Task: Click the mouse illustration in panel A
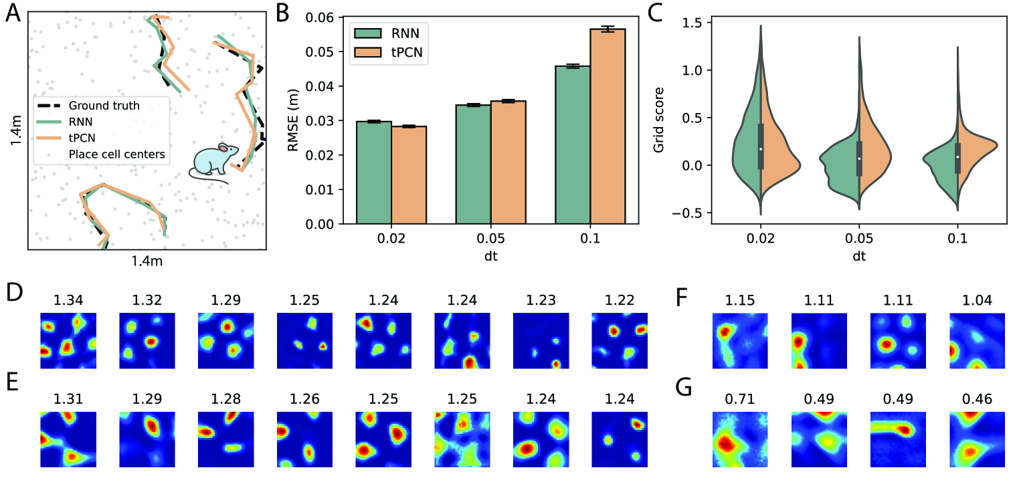tap(213, 162)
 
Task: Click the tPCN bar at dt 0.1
tap(608, 126)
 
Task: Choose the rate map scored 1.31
tap(69, 439)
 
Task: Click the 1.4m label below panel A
tap(147, 261)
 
